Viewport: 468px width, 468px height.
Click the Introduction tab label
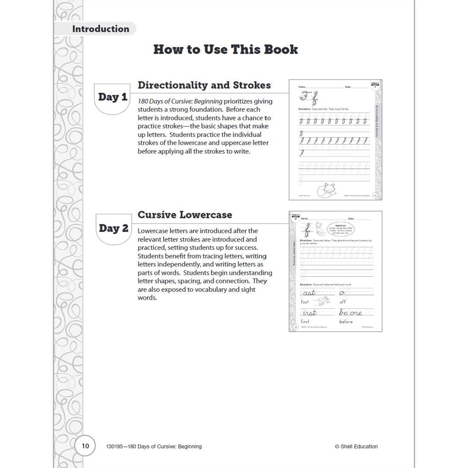[100, 29]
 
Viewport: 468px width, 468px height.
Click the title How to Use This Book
[225, 50]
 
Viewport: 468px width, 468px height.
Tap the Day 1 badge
[112, 97]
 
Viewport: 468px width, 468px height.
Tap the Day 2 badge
[113, 228]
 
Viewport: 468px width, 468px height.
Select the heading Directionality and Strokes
[204, 85]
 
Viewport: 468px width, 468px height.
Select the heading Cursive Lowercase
[185, 215]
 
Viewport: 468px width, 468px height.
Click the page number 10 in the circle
[85, 446]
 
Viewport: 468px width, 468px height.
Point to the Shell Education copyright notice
[356, 446]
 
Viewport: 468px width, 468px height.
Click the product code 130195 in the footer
[115, 446]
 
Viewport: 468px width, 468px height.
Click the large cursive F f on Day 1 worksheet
[309, 97]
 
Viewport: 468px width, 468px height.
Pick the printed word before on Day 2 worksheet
[346, 322]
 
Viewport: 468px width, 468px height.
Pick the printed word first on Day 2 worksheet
[305, 322]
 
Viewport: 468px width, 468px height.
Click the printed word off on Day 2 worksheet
[343, 302]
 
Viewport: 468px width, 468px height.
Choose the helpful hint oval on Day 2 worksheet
[341, 229]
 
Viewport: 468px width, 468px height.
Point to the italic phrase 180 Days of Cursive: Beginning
[180, 101]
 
